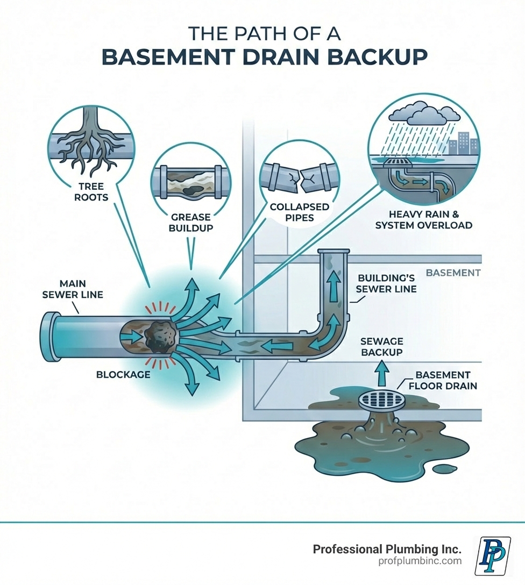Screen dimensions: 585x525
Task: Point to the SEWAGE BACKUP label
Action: coord(381,346)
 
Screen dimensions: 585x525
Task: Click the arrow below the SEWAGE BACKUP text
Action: coord(381,371)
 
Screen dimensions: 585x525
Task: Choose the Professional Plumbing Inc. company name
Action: coord(387,549)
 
